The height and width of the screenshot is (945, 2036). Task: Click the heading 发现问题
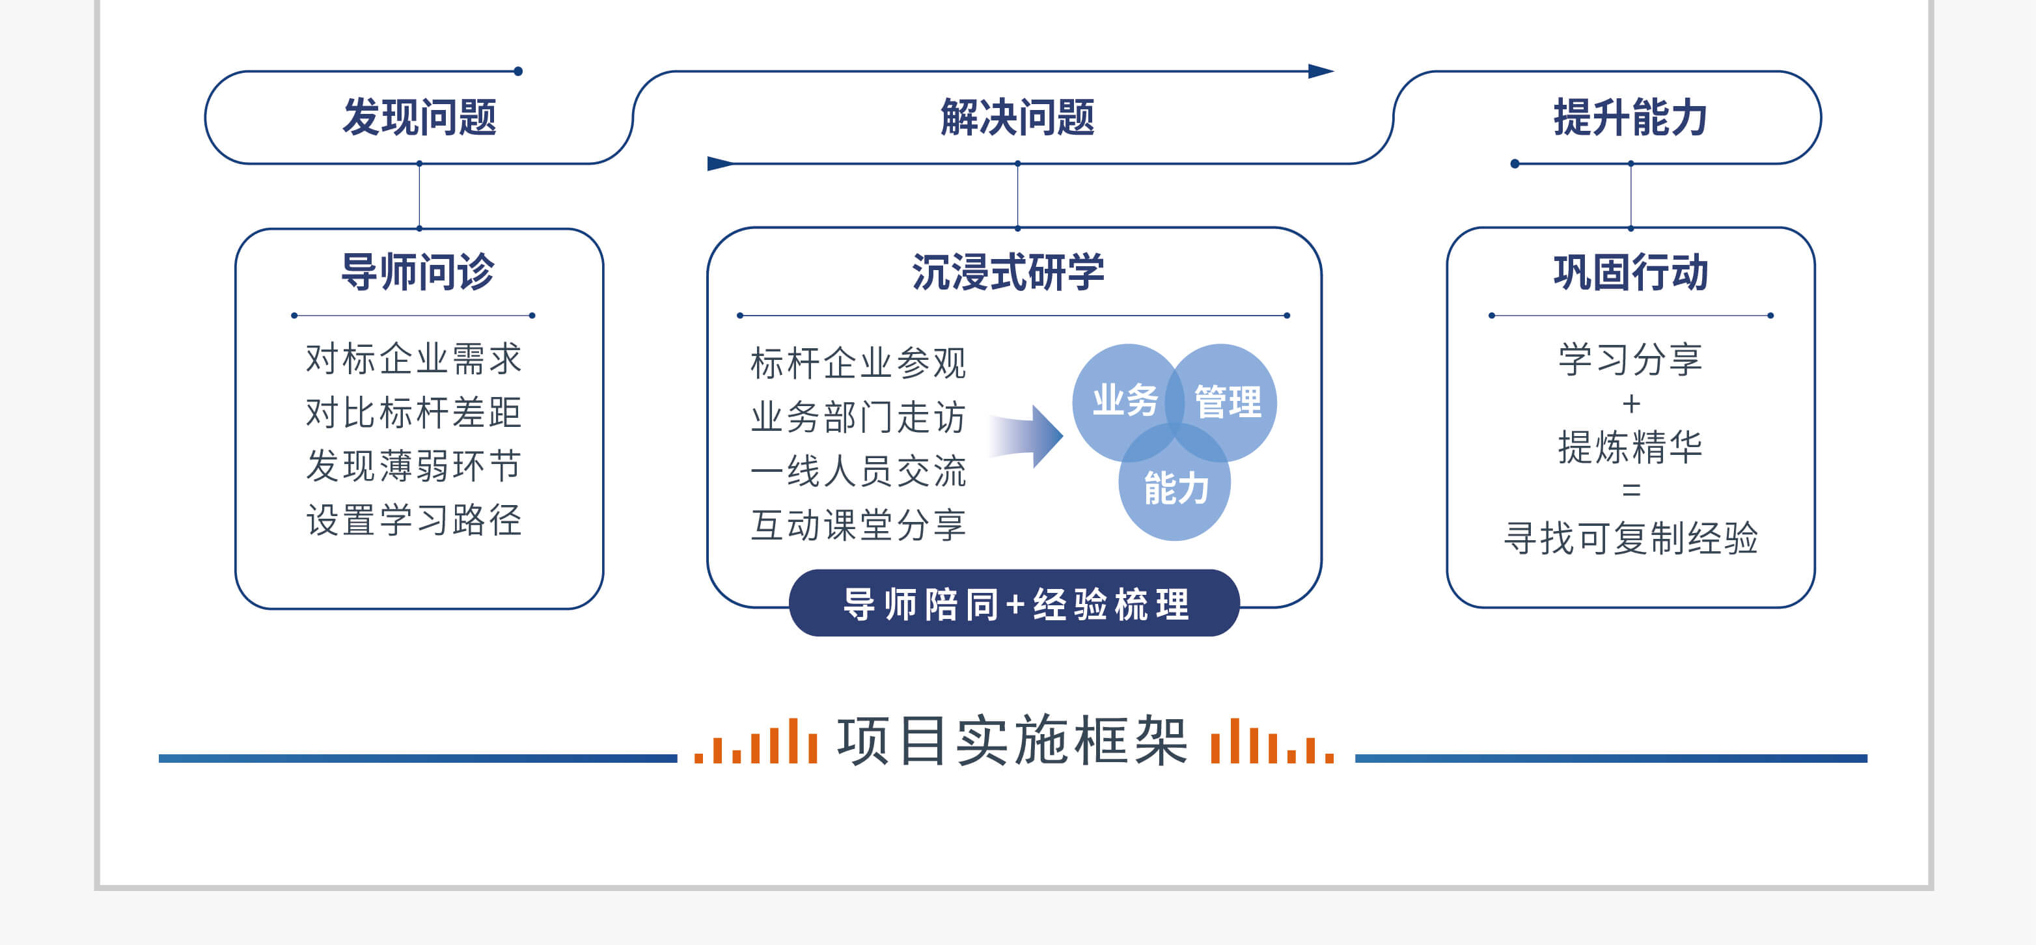(419, 118)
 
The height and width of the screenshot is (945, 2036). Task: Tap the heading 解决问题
(1017, 118)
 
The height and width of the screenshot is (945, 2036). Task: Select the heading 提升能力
(1630, 118)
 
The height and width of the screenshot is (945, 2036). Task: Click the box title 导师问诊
(417, 273)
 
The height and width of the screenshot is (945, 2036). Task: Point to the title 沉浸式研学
(1008, 273)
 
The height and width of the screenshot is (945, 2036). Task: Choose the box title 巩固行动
(1630, 273)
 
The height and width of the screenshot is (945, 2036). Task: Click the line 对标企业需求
(414, 359)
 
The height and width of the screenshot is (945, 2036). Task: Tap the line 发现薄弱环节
(414, 466)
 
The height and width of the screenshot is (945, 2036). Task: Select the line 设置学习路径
(414, 520)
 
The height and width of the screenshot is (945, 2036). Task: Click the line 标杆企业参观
(859, 363)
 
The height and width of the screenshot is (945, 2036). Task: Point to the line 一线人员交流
(859, 471)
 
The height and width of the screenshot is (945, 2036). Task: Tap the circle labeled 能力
(1174, 482)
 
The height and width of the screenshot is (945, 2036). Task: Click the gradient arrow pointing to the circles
(1026, 436)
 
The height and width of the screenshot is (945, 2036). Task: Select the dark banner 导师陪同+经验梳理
(1014, 603)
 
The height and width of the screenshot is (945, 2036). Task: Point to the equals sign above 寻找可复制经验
(1630, 491)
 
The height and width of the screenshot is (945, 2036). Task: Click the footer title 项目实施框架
(1013, 741)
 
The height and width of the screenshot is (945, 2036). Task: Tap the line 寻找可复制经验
(1630, 539)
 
